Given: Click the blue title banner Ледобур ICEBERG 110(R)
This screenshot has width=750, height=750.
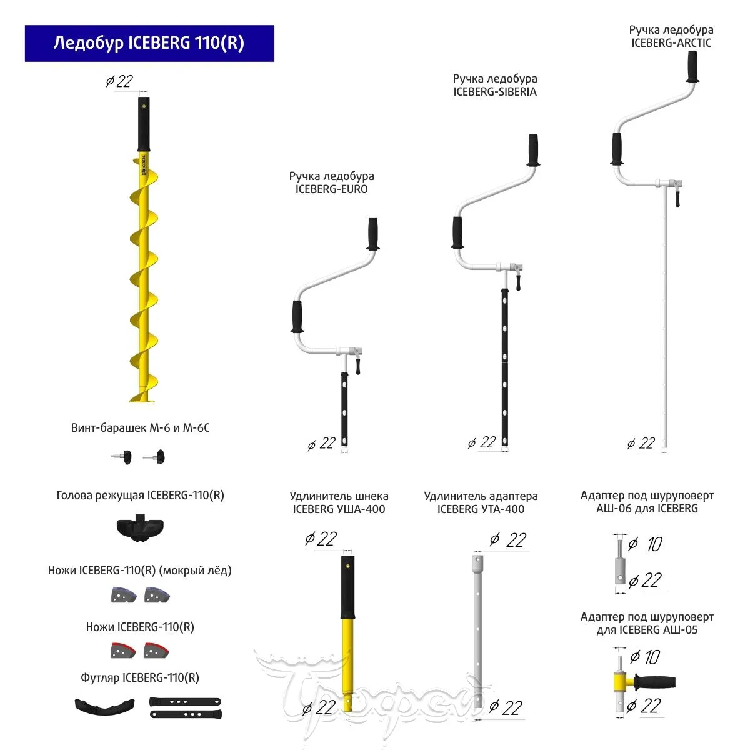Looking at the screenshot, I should pyautogui.click(x=149, y=43).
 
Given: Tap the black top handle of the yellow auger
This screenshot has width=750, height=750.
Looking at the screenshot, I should pyautogui.click(x=144, y=124).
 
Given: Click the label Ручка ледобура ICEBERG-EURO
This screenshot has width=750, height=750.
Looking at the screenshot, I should pyautogui.click(x=331, y=182).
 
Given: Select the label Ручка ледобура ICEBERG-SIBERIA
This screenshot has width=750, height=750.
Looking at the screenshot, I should pyautogui.click(x=495, y=85).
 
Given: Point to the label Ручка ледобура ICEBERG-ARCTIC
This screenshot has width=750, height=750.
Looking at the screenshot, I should pyautogui.click(x=671, y=36).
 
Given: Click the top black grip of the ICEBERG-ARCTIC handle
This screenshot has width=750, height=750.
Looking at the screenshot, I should pyautogui.click(x=692, y=66).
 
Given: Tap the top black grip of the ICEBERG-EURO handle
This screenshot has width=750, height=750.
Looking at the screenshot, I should pyautogui.click(x=373, y=234).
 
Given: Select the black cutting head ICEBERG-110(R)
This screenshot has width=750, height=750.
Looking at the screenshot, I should pyautogui.click(x=141, y=529).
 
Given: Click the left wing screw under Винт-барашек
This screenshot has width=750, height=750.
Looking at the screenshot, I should pyautogui.click(x=123, y=457).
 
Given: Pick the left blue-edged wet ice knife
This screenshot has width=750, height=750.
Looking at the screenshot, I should pyautogui.click(x=123, y=594).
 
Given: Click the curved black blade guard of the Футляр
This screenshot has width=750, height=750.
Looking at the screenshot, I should pyautogui.click(x=105, y=706).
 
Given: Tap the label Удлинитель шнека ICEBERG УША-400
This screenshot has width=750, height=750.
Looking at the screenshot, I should pyautogui.click(x=339, y=502).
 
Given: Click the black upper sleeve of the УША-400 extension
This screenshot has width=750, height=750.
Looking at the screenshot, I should pyautogui.click(x=347, y=586).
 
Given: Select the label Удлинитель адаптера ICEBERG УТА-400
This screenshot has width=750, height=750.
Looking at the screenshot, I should pyautogui.click(x=481, y=502).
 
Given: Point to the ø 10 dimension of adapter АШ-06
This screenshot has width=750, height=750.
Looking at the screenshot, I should pyautogui.click(x=646, y=544).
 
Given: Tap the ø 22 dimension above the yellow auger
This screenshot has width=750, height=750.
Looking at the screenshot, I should pyautogui.click(x=119, y=81).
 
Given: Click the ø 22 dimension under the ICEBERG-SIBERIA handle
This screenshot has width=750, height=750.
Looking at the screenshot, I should pyautogui.click(x=482, y=443).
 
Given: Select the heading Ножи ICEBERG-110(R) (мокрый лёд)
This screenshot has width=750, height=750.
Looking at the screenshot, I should pyautogui.click(x=140, y=570).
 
